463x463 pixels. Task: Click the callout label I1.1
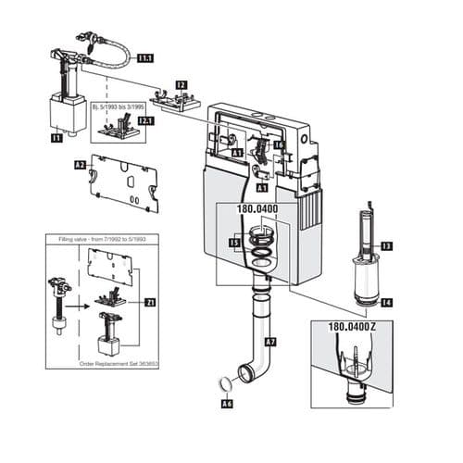[x=145, y=58]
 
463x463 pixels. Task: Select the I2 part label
[x=181, y=85]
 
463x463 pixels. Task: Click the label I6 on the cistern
[x=279, y=145]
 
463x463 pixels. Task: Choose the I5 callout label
[x=235, y=245]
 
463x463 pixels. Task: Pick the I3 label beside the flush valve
[x=387, y=245]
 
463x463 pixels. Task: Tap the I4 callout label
[x=387, y=302]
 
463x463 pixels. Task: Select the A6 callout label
[x=227, y=405]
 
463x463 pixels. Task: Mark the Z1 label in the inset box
[x=151, y=303]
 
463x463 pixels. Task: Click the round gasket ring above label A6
[x=222, y=384]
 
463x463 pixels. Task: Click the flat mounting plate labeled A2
[x=124, y=180]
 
